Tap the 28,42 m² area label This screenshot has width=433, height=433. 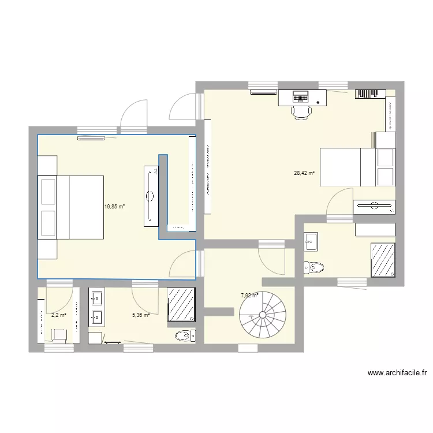(x=304, y=173)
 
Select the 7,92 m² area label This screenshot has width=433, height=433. (x=249, y=296)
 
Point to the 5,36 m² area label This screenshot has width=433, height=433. (x=141, y=315)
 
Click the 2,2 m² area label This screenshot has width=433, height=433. (x=59, y=315)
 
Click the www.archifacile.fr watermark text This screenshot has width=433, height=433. (x=397, y=373)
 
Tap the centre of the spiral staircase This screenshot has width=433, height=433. (x=263, y=315)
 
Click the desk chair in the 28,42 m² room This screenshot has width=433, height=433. (x=300, y=111)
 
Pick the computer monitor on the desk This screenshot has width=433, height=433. (x=300, y=94)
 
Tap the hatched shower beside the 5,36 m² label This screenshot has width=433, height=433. (x=182, y=304)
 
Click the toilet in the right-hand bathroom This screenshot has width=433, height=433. (x=314, y=267)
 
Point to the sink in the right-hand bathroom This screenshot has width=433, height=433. (x=311, y=241)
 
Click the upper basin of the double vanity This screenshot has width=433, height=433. (x=96, y=298)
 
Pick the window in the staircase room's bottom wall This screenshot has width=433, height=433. (x=248, y=348)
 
